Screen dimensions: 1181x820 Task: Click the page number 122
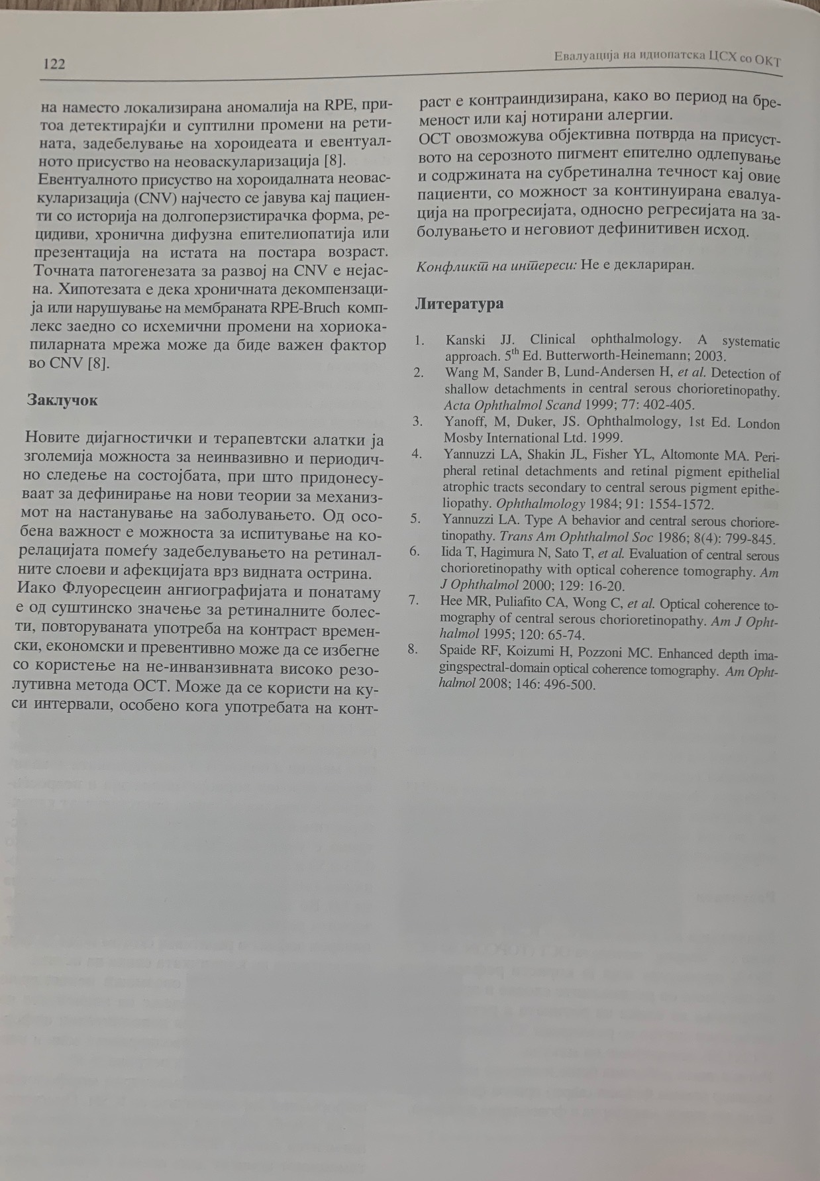(x=54, y=64)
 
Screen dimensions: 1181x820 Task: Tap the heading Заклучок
(x=62, y=400)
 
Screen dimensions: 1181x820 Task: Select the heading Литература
(x=459, y=304)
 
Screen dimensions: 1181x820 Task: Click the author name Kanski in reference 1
(x=465, y=340)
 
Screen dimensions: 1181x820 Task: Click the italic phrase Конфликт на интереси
(x=495, y=266)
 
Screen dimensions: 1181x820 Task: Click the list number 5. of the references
(x=415, y=519)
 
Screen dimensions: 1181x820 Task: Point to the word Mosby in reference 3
(x=462, y=438)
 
